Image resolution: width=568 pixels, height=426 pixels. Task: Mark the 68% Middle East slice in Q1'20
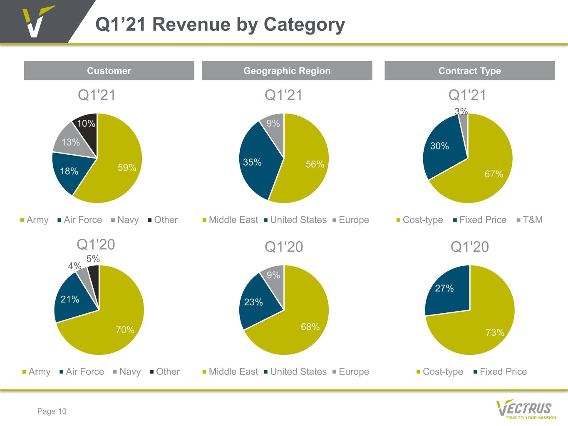coord(300,324)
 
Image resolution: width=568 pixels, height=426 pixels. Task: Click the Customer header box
coord(109,71)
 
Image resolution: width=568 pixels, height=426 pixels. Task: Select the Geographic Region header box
coord(287,71)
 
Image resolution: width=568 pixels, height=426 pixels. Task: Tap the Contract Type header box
coord(469,71)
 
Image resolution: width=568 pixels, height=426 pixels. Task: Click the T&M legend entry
coord(532,220)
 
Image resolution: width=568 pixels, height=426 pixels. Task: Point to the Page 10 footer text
coord(52,411)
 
